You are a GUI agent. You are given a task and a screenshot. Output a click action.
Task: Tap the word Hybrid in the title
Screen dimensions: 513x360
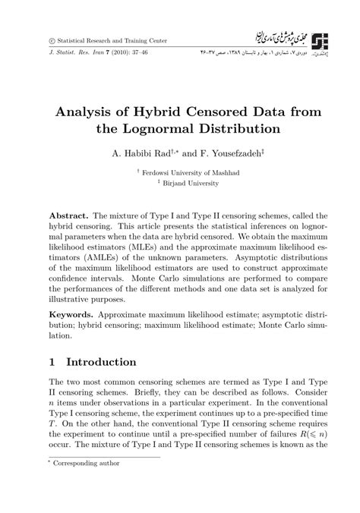point(162,112)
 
